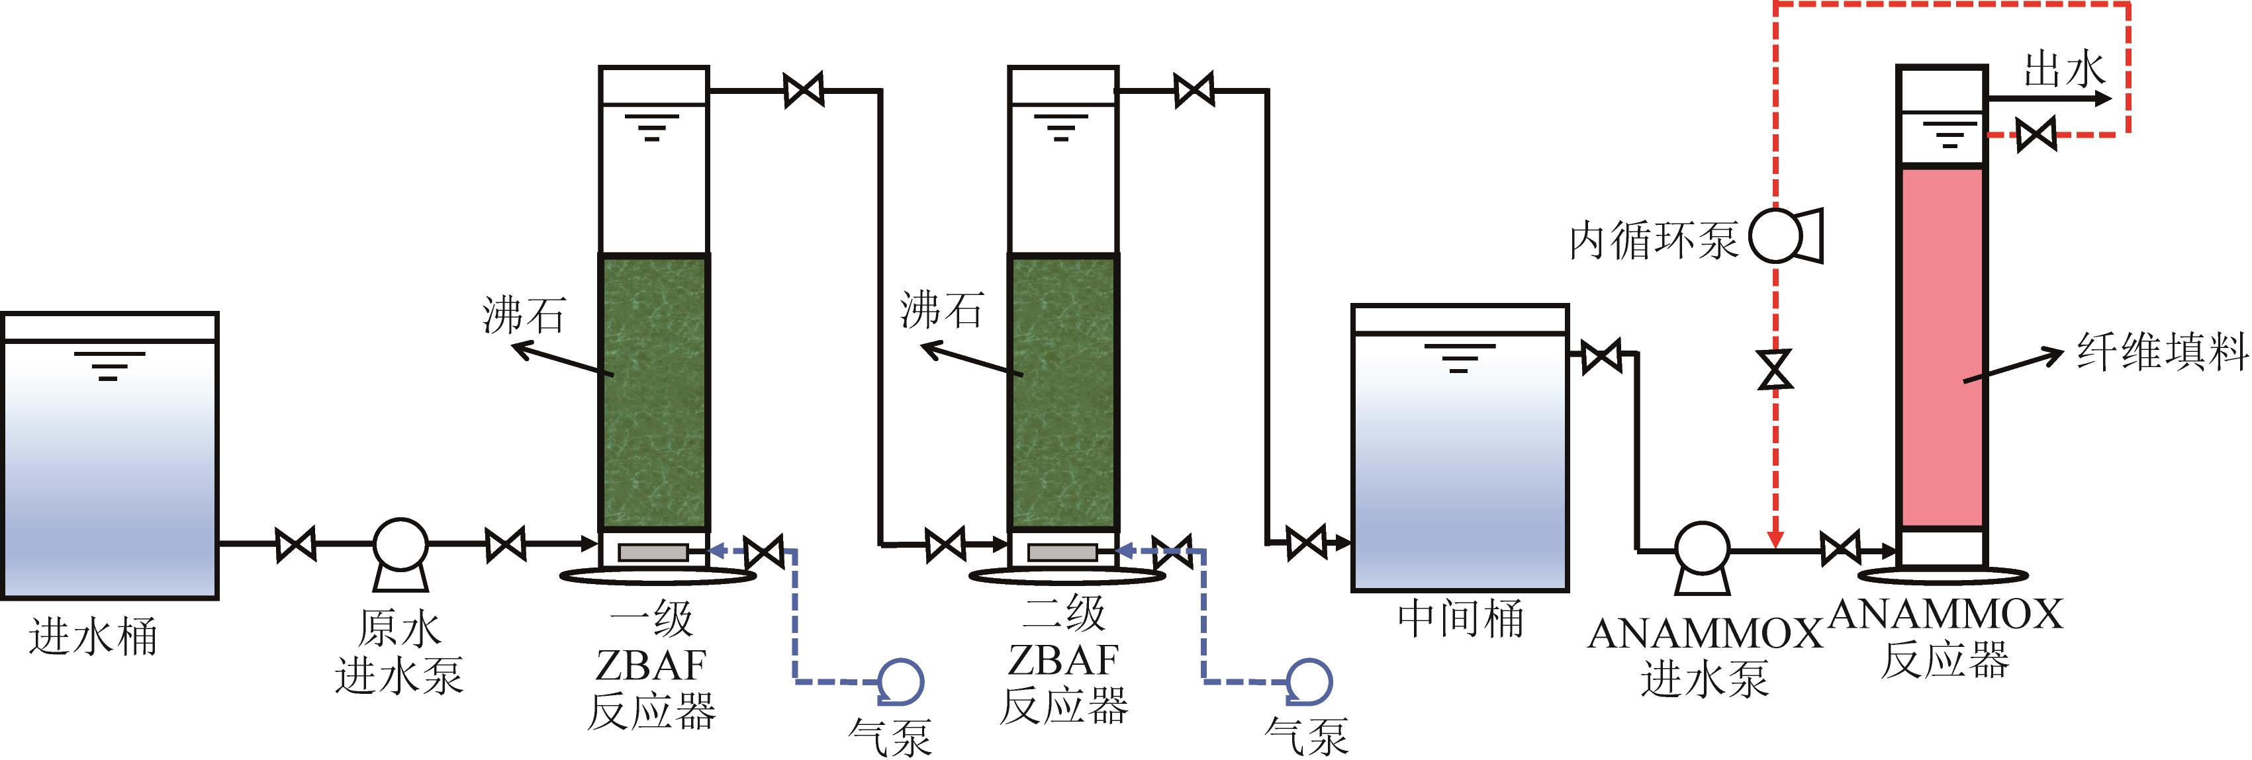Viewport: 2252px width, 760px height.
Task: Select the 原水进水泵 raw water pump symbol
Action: (x=400, y=545)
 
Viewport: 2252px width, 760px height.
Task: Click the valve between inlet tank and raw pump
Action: (x=295, y=545)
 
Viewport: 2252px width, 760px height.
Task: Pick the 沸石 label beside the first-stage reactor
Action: (x=524, y=314)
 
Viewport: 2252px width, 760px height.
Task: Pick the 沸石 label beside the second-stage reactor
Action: (x=941, y=310)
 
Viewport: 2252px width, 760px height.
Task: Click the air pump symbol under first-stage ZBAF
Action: (x=900, y=681)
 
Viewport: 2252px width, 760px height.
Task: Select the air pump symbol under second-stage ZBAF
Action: (x=1309, y=681)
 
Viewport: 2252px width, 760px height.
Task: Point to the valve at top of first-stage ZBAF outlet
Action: (x=804, y=90)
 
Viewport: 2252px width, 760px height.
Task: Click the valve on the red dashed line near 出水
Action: (x=2036, y=134)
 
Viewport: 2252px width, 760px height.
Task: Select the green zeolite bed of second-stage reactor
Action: (x=1063, y=393)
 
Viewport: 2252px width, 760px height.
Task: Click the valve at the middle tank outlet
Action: (x=1601, y=357)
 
